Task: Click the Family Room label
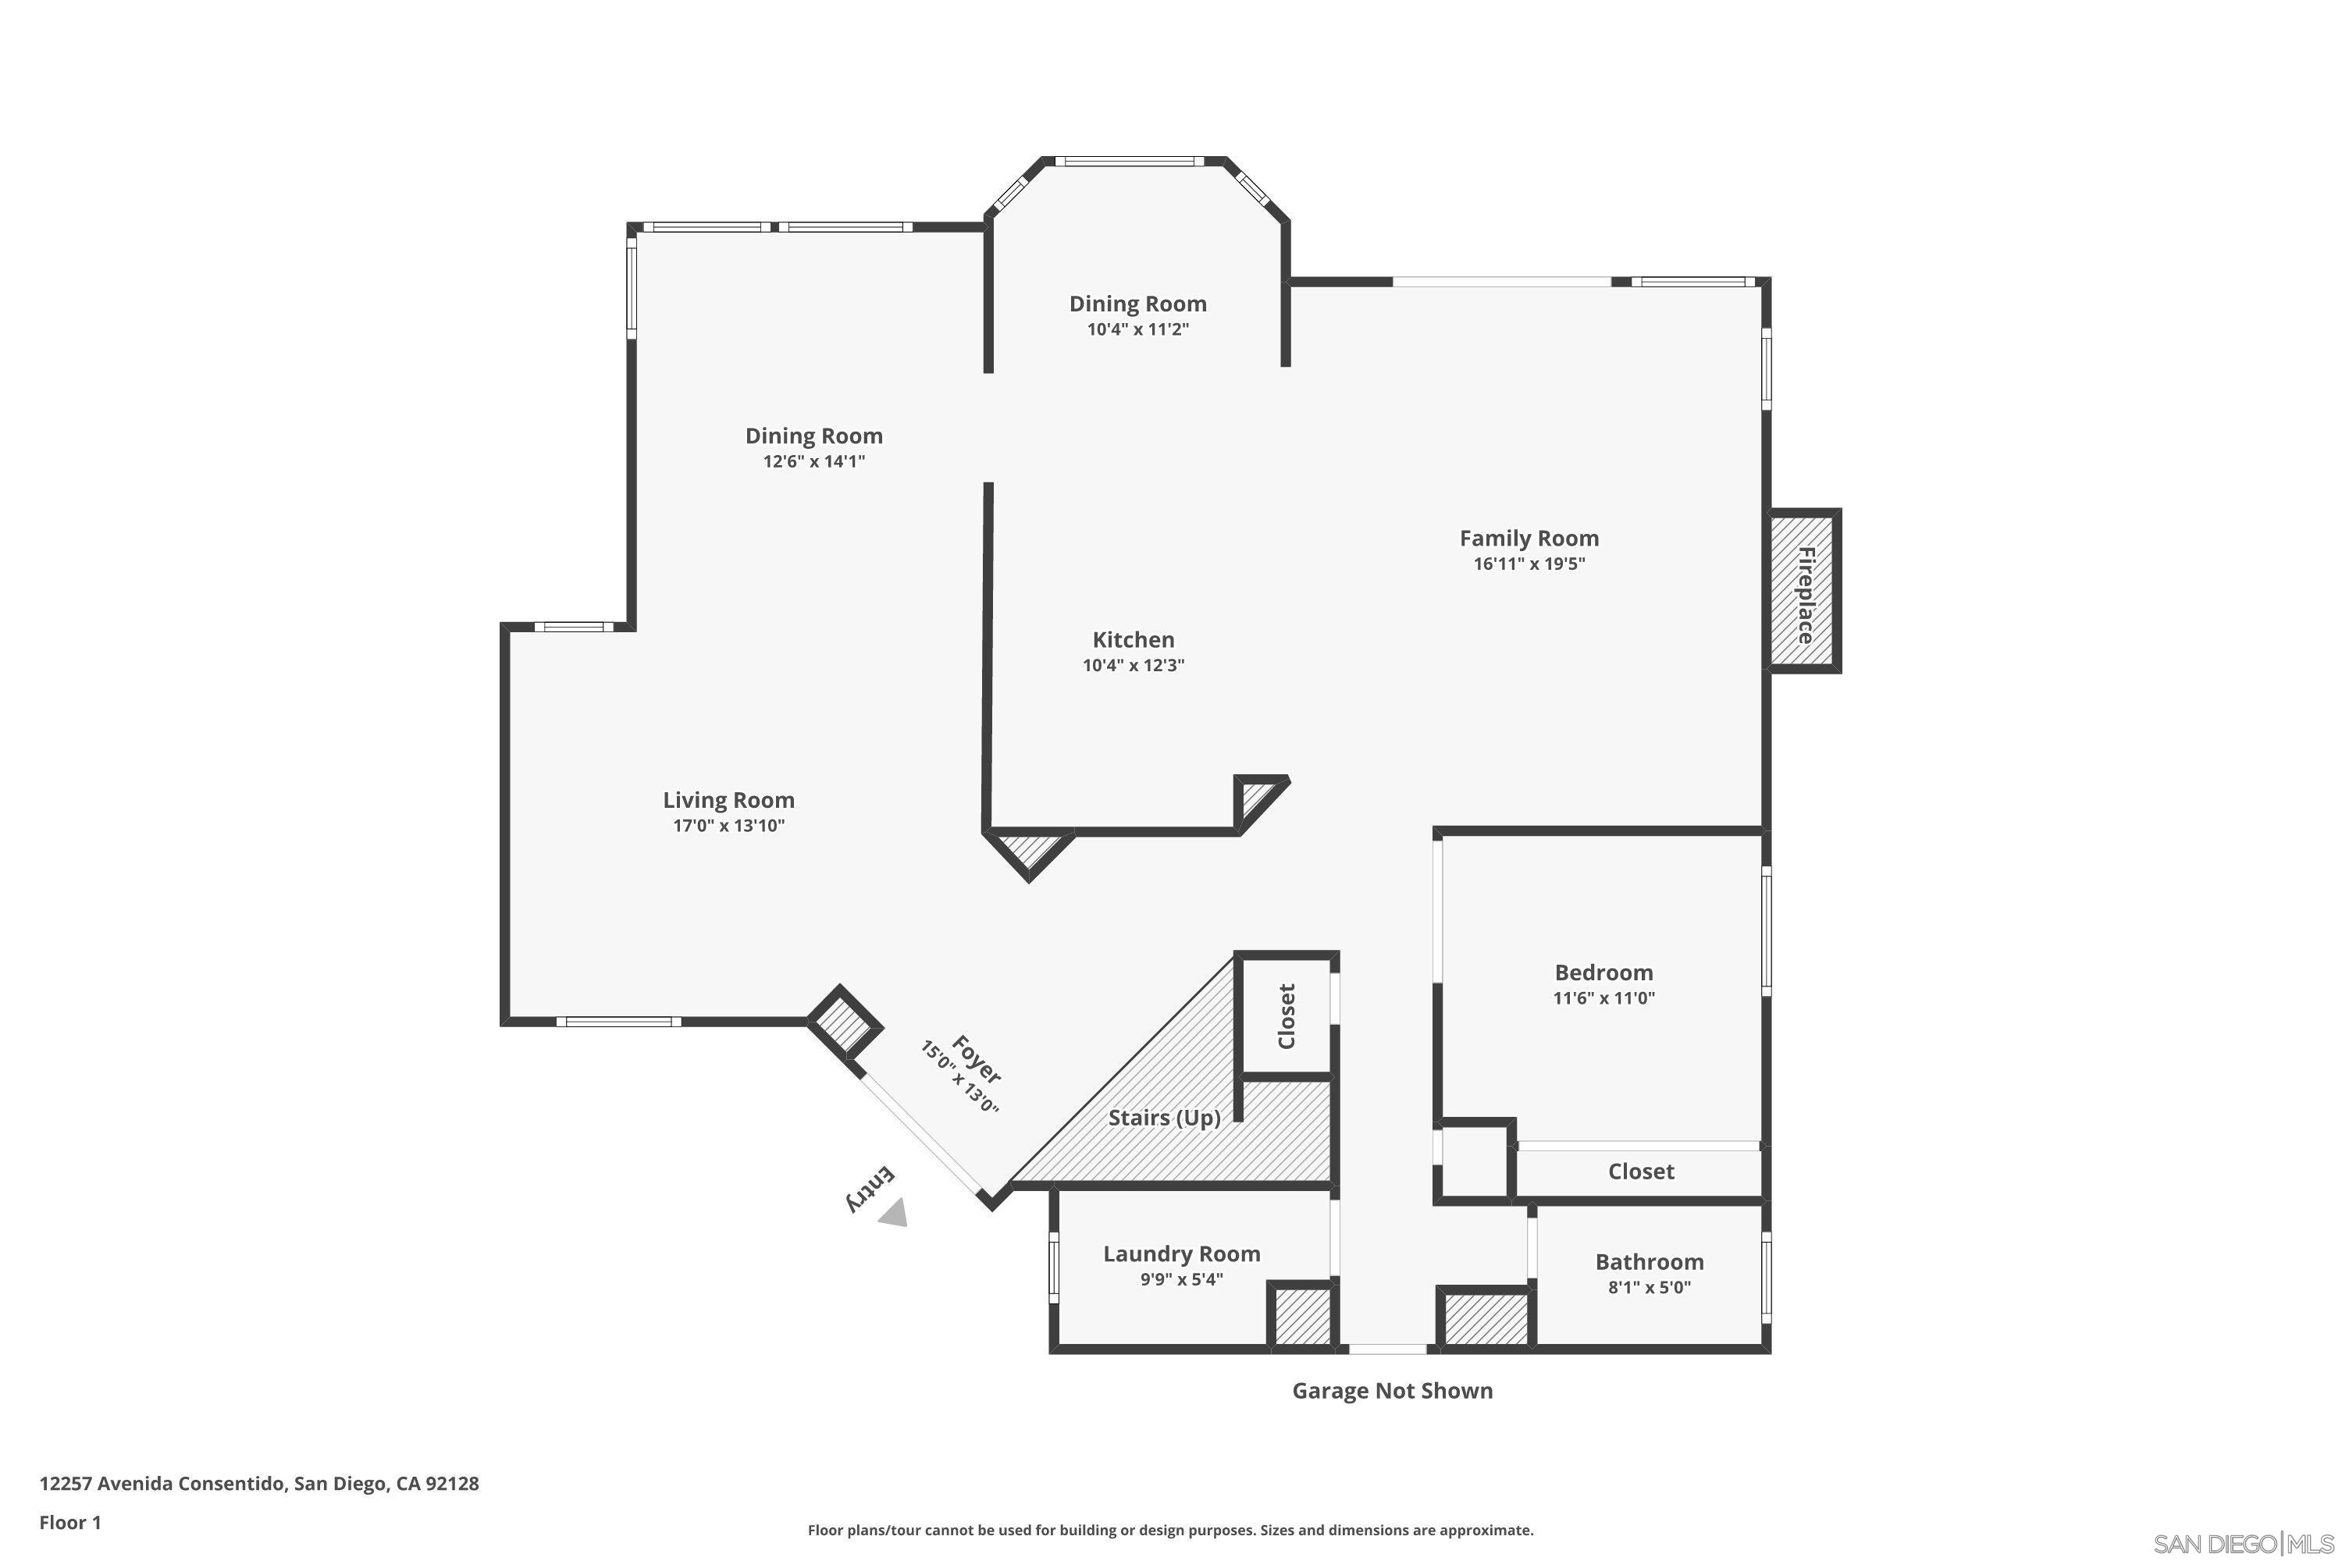pyautogui.click(x=1529, y=539)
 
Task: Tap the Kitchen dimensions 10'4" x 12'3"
pyautogui.click(x=1134, y=665)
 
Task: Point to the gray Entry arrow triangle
pyautogui.click(x=893, y=1214)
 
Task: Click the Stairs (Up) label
pyautogui.click(x=1164, y=1118)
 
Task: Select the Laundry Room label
pyautogui.click(x=1181, y=1254)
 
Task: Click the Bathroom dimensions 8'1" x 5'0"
pyautogui.click(x=1649, y=1287)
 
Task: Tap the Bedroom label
pyautogui.click(x=1603, y=973)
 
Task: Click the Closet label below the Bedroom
pyautogui.click(x=1640, y=1172)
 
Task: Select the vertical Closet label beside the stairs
pyautogui.click(x=1286, y=1016)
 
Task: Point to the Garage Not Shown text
pyautogui.click(x=1392, y=1391)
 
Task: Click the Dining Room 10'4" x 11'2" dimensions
pyautogui.click(x=1137, y=329)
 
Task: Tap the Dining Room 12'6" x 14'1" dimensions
pyautogui.click(x=813, y=462)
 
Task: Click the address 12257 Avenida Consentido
pyautogui.click(x=259, y=1484)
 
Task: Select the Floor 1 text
pyautogui.click(x=69, y=1522)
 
